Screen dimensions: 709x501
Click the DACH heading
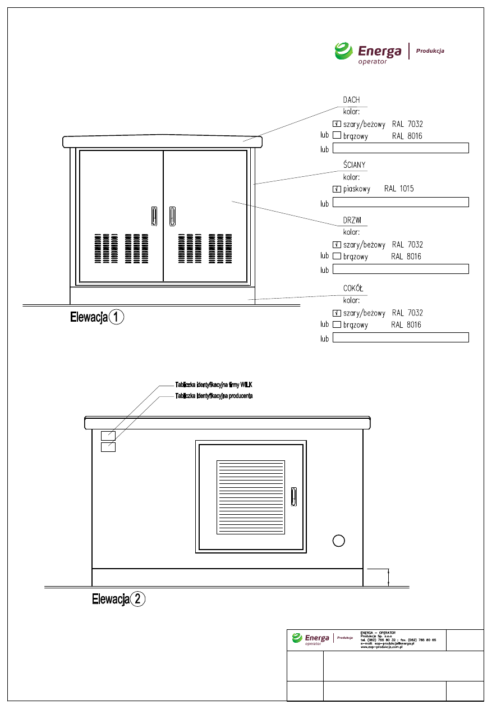(x=351, y=100)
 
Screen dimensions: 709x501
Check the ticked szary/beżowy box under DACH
(x=337, y=124)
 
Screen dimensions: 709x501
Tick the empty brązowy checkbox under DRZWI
(x=337, y=257)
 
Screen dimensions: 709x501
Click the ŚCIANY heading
(x=355, y=164)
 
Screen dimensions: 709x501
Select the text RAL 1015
(x=399, y=189)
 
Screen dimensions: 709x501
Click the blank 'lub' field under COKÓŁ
(x=401, y=337)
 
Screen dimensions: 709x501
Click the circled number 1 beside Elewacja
(x=116, y=317)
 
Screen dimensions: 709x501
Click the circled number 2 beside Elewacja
(x=138, y=600)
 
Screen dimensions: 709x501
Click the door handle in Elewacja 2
(x=293, y=497)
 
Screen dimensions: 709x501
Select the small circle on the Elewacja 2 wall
(x=338, y=541)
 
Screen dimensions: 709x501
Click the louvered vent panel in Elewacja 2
(x=251, y=497)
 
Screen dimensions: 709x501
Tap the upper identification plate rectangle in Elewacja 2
(x=108, y=436)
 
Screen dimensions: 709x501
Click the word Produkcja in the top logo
(x=430, y=51)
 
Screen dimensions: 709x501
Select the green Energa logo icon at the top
(x=343, y=51)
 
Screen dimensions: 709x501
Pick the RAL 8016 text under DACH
(x=407, y=136)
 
